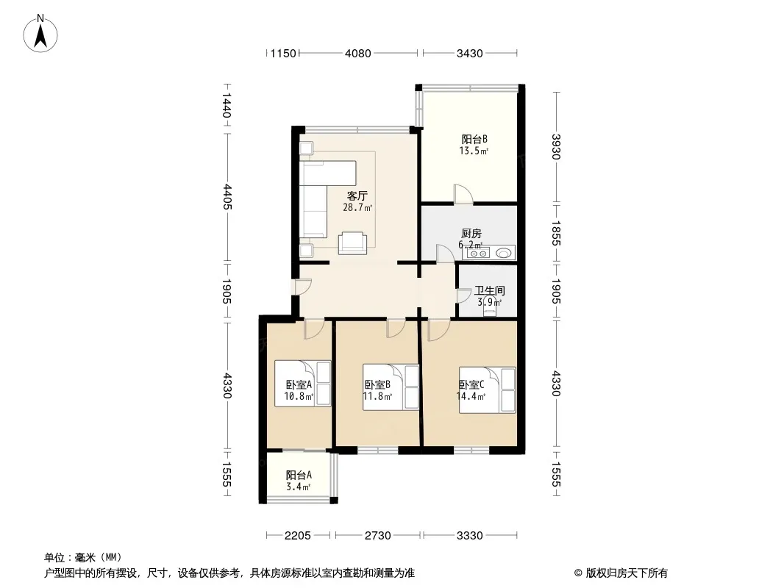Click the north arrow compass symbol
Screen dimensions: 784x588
tap(40, 34)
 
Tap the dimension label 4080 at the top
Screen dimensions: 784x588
tap(358, 53)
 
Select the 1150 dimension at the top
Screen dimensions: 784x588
tap(283, 53)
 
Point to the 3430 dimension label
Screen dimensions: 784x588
tap(469, 53)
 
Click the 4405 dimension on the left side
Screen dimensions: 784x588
tap(227, 197)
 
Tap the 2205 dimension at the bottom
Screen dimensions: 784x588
tap(298, 536)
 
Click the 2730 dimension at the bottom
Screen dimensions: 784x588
tap(377, 536)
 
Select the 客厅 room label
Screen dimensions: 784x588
tap(357, 196)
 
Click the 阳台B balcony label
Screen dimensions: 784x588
tap(474, 140)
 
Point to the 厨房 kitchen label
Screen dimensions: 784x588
tap(471, 233)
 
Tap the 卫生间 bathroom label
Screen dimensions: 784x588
tap(490, 291)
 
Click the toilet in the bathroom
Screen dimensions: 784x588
tap(490, 305)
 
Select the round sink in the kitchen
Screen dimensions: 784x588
tap(505, 254)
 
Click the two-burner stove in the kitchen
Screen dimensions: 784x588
tap(478, 254)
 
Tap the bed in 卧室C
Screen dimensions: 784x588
tap(488, 390)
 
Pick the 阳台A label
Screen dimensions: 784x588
tap(299, 476)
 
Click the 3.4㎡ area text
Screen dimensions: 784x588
tap(299, 487)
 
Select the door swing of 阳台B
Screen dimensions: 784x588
tap(463, 194)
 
